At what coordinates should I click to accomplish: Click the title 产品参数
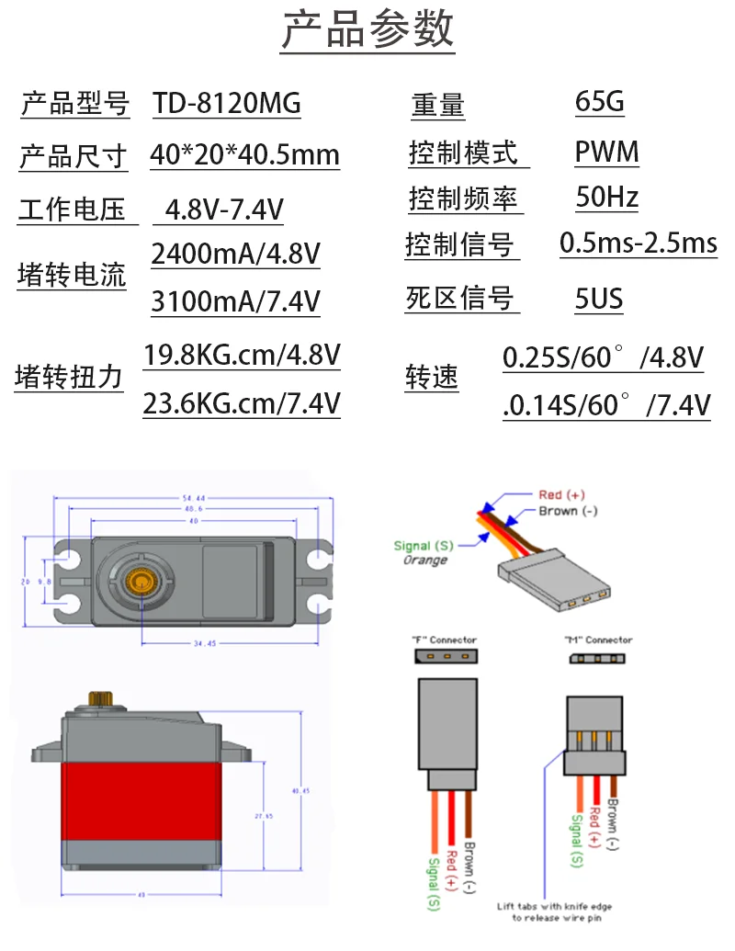367,30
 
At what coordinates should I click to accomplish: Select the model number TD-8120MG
227,104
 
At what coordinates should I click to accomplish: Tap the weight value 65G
599,101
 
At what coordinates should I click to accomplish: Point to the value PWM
606,152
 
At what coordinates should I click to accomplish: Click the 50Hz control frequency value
606,198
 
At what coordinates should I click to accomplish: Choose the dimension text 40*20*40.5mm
244,154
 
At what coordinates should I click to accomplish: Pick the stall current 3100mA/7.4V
235,300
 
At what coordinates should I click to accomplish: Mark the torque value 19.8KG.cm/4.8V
242,355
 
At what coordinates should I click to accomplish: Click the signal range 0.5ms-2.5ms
638,243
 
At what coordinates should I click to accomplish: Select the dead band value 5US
599,299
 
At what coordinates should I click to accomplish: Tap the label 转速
432,378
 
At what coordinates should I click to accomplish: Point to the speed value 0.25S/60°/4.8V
603,357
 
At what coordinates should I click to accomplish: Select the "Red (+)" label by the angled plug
561,495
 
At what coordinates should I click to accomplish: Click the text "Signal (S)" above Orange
424,546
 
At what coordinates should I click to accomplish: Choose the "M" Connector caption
597,640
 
